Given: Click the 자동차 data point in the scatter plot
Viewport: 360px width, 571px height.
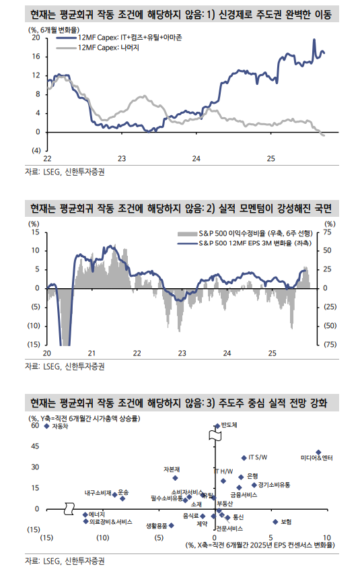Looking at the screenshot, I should point(46,426).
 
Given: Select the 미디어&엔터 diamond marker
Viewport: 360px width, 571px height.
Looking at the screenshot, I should point(318,452).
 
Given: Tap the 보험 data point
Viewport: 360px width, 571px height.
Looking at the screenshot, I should point(275,521).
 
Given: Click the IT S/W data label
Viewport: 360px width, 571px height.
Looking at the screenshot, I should point(258,457).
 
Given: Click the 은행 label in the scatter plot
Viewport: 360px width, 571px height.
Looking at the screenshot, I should point(253,475).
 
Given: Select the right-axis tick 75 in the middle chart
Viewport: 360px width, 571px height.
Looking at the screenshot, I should point(328,232).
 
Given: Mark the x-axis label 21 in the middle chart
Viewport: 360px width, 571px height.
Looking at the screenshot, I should point(92,353).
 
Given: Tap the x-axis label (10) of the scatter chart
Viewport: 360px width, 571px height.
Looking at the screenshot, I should point(102,537).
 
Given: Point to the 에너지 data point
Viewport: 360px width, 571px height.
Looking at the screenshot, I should point(85,514).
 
